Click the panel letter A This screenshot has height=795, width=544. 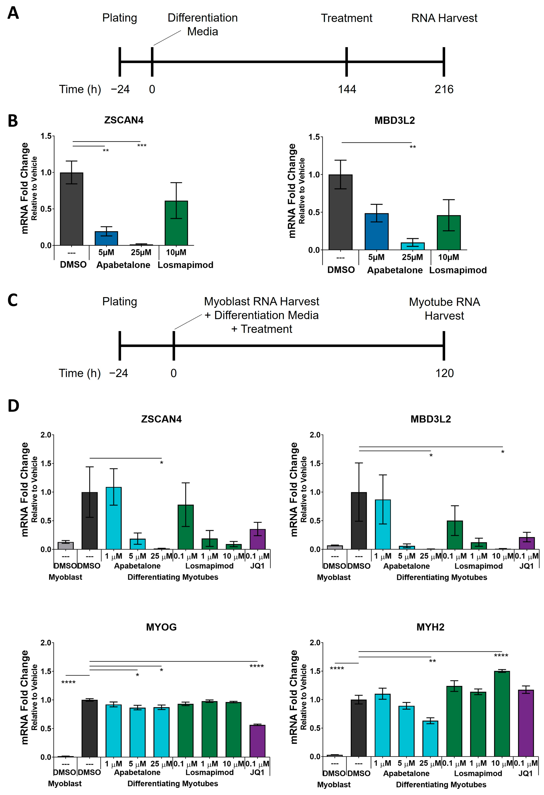[x=13, y=14]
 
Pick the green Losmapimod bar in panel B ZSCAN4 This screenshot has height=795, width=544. [x=176, y=223]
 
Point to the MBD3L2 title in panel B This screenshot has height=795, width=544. [x=394, y=120]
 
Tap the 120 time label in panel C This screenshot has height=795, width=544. [x=444, y=373]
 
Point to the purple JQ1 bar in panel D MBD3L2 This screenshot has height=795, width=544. [x=527, y=543]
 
